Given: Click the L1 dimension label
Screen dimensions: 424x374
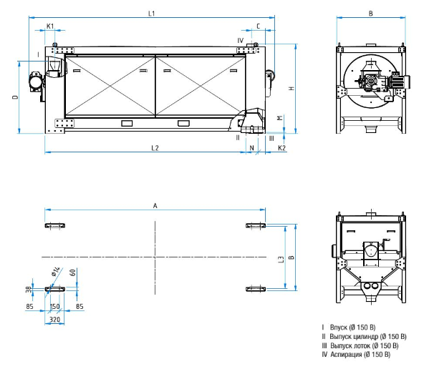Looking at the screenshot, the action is tap(151, 14).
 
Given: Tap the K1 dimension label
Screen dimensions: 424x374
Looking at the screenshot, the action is tap(50, 26).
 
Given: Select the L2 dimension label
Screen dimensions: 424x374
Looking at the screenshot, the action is tap(155, 148).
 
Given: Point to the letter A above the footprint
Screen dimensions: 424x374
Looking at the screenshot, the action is tap(155, 206).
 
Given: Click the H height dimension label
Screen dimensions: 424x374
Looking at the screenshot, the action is tap(291, 88).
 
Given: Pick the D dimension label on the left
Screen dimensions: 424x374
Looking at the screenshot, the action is tap(16, 97).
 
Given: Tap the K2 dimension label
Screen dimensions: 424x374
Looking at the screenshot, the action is tap(281, 148).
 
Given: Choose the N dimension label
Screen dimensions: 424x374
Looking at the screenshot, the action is tap(252, 148).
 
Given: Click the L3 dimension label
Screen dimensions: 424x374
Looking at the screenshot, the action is tap(281, 260).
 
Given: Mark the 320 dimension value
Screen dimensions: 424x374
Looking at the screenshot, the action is tap(54, 320).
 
